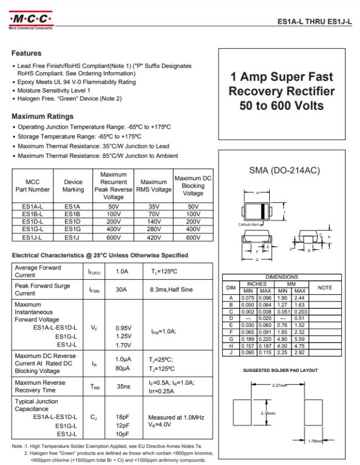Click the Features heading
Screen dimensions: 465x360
point(27,53)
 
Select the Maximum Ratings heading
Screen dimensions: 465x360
point(43,116)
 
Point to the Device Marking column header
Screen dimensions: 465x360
point(73,186)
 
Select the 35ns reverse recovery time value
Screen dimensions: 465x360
point(123,387)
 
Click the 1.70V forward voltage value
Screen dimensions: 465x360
point(123,344)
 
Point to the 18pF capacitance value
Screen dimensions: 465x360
point(123,417)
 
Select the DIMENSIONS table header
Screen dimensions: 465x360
point(281,277)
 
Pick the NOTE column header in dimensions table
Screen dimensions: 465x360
point(325,287)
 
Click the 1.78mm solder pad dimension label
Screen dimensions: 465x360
point(313,441)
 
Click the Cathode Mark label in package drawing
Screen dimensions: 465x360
point(248,224)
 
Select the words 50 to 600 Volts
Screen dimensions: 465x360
point(282,105)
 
